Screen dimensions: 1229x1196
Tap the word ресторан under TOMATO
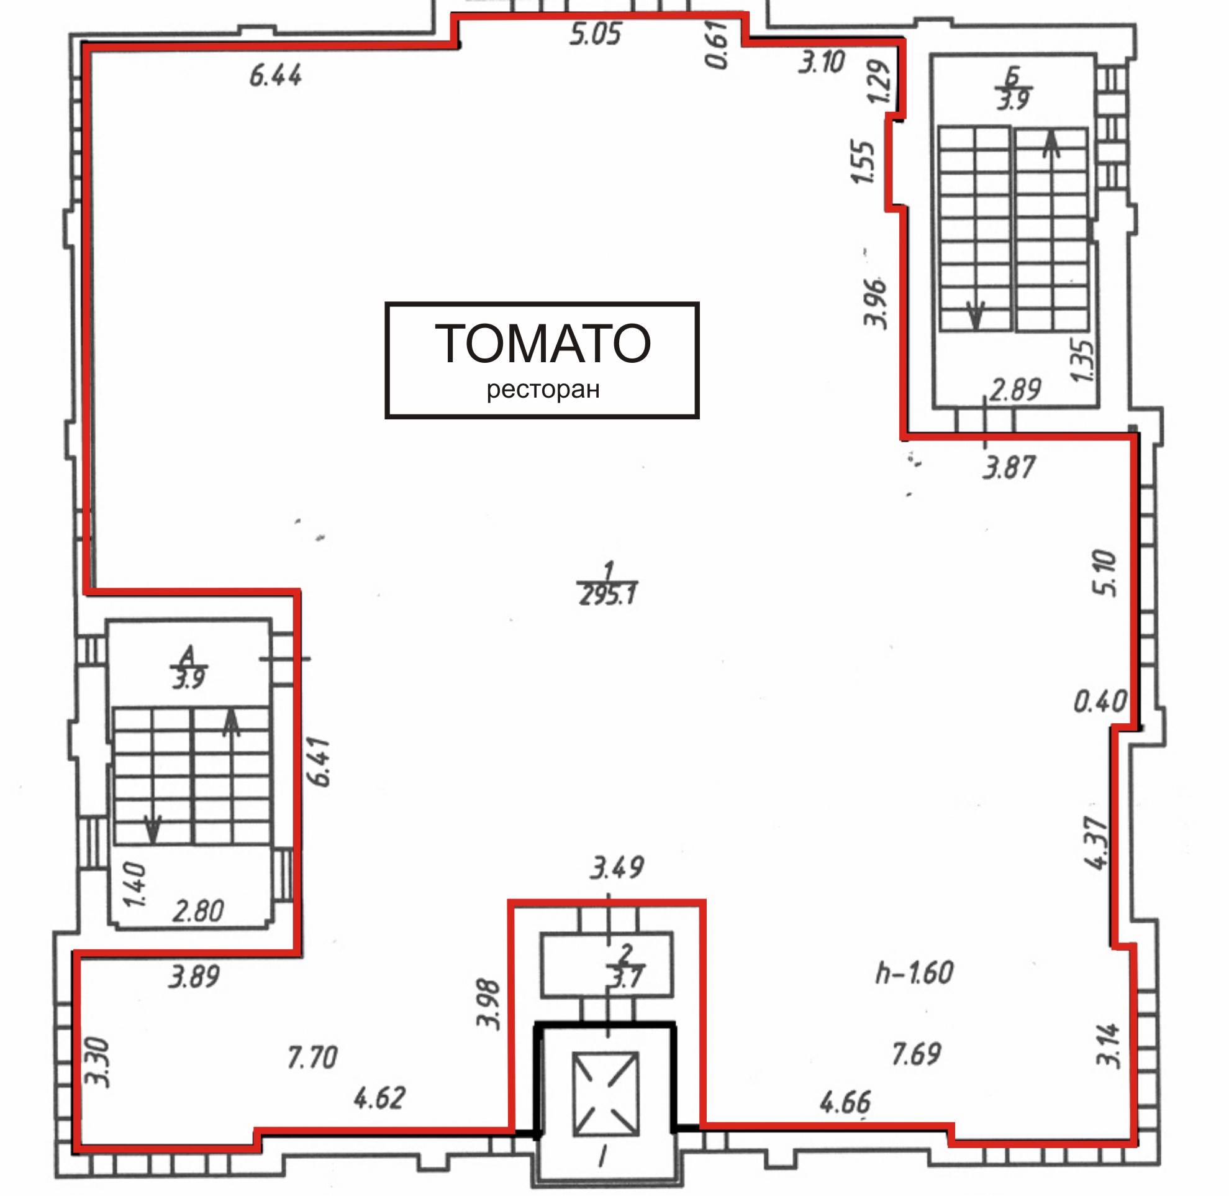[543, 390]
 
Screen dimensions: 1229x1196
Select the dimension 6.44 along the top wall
[276, 76]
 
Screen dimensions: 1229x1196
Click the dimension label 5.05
[596, 34]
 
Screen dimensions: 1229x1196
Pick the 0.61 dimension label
[717, 44]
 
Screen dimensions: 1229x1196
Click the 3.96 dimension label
[876, 303]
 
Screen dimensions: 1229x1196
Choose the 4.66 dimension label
[845, 1102]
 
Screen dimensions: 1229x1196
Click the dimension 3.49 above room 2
[617, 867]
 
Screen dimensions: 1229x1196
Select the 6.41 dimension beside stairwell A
[319, 761]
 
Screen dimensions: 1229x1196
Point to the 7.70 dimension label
[313, 1057]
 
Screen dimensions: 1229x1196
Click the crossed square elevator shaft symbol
[606, 1094]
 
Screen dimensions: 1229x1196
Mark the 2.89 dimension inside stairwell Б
[1015, 390]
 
